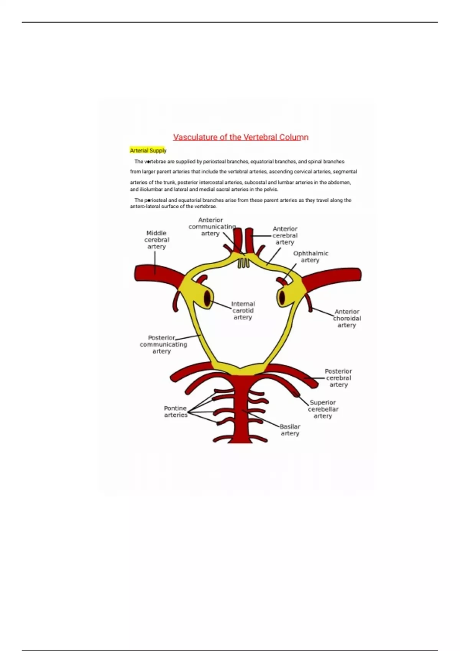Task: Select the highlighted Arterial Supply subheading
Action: [148, 150]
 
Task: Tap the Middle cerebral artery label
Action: [156, 240]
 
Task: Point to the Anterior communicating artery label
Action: [212, 227]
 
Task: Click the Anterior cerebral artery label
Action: [285, 236]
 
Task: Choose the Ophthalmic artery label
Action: [310, 257]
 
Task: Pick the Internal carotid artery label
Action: [243, 311]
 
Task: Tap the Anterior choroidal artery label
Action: [347, 318]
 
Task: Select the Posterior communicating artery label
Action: [163, 344]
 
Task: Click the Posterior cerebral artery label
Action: [338, 378]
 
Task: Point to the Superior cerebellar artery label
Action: [323, 409]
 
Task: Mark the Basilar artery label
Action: [290, 430]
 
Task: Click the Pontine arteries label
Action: [176, 412]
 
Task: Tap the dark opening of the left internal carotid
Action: [207, 298]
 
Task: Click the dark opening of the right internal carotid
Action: [282, 297]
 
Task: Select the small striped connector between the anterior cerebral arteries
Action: [243, 263]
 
